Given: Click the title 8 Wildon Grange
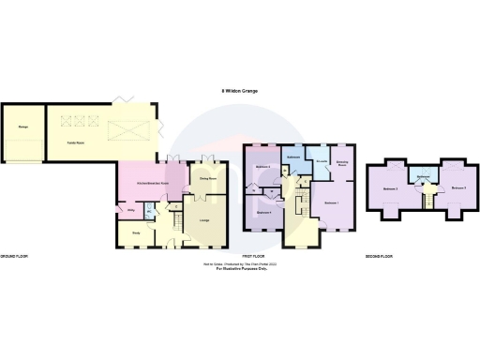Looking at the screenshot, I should coord(240,91).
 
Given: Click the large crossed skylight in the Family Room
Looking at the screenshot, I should coord(123,130).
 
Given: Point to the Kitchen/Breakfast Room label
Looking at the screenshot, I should coord(153,182).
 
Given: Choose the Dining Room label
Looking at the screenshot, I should coord(208,177).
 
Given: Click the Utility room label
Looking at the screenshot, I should coord(130,210).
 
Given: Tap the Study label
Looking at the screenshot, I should coord(135,233).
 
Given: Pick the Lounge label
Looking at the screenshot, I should coord(203,221).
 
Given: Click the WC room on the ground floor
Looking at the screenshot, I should coord(148,213).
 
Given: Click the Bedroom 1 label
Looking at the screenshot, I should coord(331,202).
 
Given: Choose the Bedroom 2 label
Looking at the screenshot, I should coord(391,189).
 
